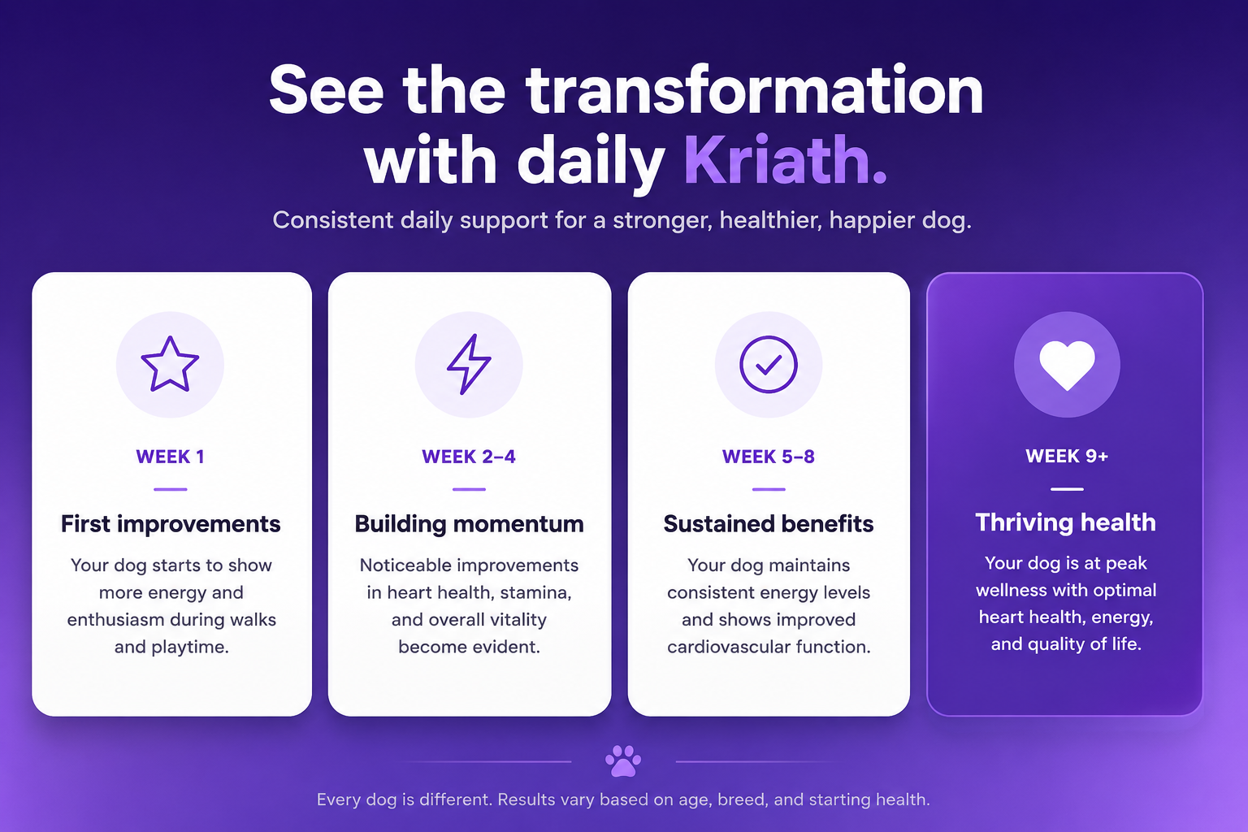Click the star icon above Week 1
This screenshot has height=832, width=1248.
(x=170, y=365)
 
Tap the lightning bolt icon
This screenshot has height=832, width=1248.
(x=469, y=365)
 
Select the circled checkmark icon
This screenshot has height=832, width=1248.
(x=769, y=365)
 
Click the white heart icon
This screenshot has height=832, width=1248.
(x=1067, y=365)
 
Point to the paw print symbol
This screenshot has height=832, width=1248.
(x=623, y=760)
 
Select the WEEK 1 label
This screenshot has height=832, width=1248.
(x=171, y=457)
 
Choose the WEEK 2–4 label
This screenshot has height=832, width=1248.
(x=469, y=457)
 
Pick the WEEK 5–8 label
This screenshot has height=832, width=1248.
(x=769, y=457)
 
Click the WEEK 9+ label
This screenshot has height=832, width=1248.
(x=1067, y=457)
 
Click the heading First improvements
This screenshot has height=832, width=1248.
(x=171, y=524)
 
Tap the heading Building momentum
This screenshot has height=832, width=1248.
(x=469, y=524)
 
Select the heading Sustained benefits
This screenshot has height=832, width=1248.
(x=769, y=524)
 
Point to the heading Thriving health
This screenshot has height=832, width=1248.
(x=1066, y=523)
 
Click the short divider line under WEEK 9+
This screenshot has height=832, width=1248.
(x=1067, y=489)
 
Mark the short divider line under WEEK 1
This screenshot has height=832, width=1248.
(x=171, y=489)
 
